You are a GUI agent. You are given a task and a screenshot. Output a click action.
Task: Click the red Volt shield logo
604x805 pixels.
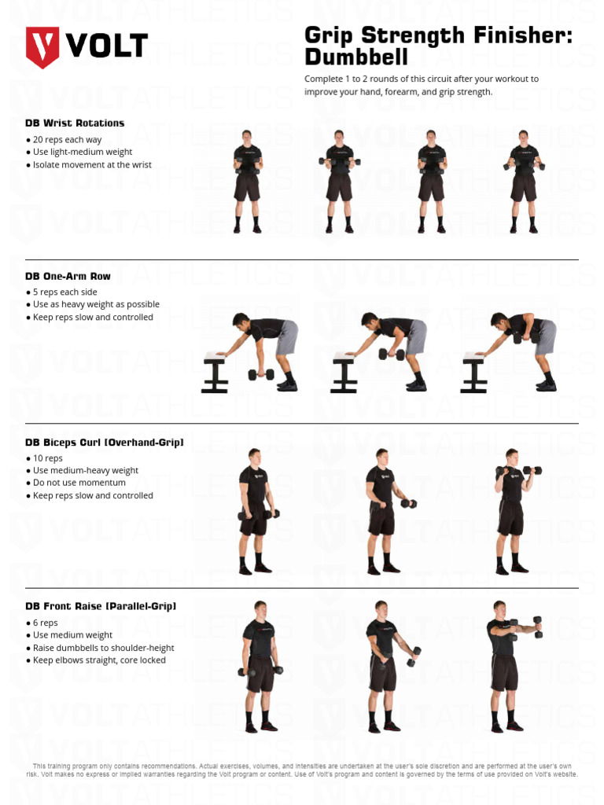tap(42, 46)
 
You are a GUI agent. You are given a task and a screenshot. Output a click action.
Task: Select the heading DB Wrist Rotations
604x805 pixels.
tap(75, 123)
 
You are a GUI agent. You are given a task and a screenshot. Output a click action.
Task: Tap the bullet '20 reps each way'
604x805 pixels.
tap(67, 139)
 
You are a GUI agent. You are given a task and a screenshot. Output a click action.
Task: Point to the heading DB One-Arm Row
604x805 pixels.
tap(68, 276)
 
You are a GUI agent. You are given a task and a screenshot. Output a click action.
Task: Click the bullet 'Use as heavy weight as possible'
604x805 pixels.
tap(96, 304)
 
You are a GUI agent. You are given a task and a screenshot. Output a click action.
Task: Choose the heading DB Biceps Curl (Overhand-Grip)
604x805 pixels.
tap(104, 443)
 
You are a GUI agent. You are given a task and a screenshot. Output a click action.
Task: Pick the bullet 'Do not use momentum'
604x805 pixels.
tap(80, 483)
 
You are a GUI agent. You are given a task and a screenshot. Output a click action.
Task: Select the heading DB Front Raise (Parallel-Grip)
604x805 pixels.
tap(101, 606)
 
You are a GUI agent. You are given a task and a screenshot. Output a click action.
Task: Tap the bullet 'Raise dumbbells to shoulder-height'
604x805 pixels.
tap(103, 648)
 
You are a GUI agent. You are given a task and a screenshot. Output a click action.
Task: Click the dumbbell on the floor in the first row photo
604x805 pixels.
tap(261, 374)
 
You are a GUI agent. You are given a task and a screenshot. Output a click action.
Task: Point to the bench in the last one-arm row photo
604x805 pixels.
tap(474, 370)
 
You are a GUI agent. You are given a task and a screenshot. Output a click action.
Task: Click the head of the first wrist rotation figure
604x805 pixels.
tap(247, 136)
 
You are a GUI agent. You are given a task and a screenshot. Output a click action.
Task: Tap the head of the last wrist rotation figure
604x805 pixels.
tap(523, 136)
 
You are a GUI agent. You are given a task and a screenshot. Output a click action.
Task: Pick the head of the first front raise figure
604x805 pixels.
tap(260, 608)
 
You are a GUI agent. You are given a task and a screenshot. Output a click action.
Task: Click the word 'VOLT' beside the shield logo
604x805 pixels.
tap(105, 46)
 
